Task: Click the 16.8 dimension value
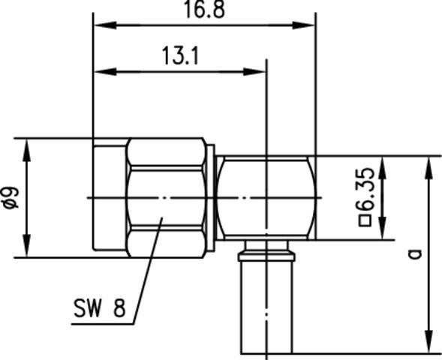pos(204,10)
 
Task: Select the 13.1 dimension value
pos(179,56)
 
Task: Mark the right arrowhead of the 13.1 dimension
pos(258,72)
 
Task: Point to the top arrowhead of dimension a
pos(428,165)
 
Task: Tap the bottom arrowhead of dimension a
pos(428,345)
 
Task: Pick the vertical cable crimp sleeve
pos(267,307)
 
